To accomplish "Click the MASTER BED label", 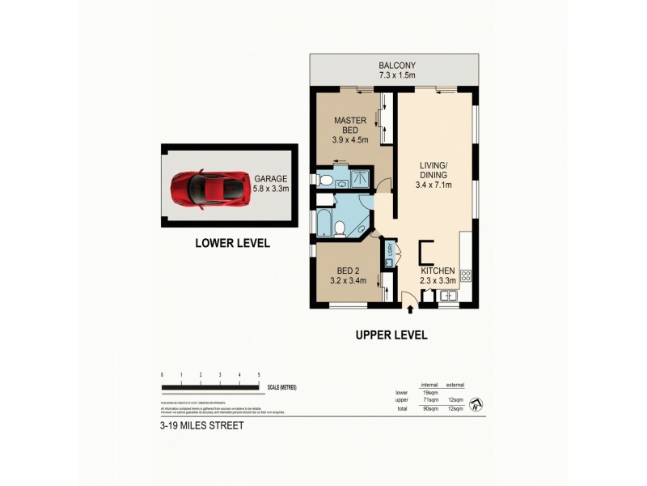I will point(351,130).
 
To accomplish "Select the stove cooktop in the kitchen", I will point(466,276).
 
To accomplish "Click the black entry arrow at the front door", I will point(410,309).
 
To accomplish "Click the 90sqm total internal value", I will point(430,408).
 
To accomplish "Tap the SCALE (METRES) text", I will point(285,387).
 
